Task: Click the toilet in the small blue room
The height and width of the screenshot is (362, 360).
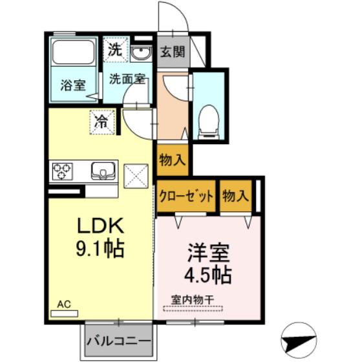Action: click(209, 122)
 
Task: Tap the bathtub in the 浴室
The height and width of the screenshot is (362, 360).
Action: click(74, 52)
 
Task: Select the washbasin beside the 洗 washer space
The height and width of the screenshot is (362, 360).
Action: click(141, 54)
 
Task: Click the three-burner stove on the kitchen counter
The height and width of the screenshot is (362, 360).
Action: click(62, 171)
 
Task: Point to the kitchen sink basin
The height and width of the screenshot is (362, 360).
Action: click(103, 171)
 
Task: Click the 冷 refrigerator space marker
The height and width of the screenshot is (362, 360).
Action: click(102, 122)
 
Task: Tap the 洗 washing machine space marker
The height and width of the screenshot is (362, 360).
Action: click(115, 49)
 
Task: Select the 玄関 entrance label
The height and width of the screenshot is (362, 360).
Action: click(173, 51)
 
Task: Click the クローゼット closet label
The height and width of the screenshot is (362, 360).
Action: click(186, 197)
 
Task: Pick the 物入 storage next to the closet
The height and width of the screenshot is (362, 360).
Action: click(235, 196)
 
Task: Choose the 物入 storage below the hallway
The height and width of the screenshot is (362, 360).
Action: click(173, 160)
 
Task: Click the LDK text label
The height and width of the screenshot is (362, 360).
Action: click(100, 226)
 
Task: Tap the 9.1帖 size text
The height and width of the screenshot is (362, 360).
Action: click(100, 249)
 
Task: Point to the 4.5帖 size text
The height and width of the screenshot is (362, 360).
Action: click(207, 275)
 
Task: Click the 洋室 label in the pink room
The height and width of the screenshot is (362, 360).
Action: click(208, 253)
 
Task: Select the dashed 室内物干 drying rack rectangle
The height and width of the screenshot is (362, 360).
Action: click(193, 308)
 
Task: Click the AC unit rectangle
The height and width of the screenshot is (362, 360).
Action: click(65, 314)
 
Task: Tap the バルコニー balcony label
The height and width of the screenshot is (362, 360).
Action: click(119, 341)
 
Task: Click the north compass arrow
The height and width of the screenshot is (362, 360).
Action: click(299, 341)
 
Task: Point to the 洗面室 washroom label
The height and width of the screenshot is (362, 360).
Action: click(127, 79)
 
